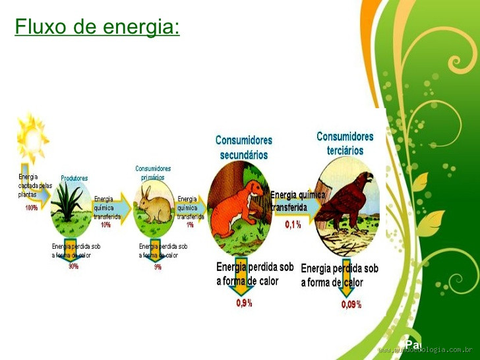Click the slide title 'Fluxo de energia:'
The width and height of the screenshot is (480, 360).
[x=97, y=27]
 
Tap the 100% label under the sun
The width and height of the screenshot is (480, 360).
[x=31, y=208]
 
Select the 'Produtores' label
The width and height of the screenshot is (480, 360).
[x=74, y=178]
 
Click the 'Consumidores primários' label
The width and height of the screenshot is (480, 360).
[x=153, y=173]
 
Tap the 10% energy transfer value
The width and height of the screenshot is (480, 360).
[x=105, y=225]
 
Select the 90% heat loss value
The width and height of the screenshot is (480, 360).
[x=73, y=266]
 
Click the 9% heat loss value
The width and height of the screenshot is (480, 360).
[x=158, y=267]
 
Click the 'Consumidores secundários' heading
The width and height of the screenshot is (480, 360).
[x=243, y=148]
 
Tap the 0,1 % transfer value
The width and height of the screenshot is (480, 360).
[x=293, y=225]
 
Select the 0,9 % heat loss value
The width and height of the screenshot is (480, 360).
[x=244, y=303]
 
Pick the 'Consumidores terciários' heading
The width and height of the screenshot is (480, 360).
[x=345, y=143]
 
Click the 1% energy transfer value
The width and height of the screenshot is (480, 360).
[x=190, y=225]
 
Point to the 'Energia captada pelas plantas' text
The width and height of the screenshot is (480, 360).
[x=34, y=185]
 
